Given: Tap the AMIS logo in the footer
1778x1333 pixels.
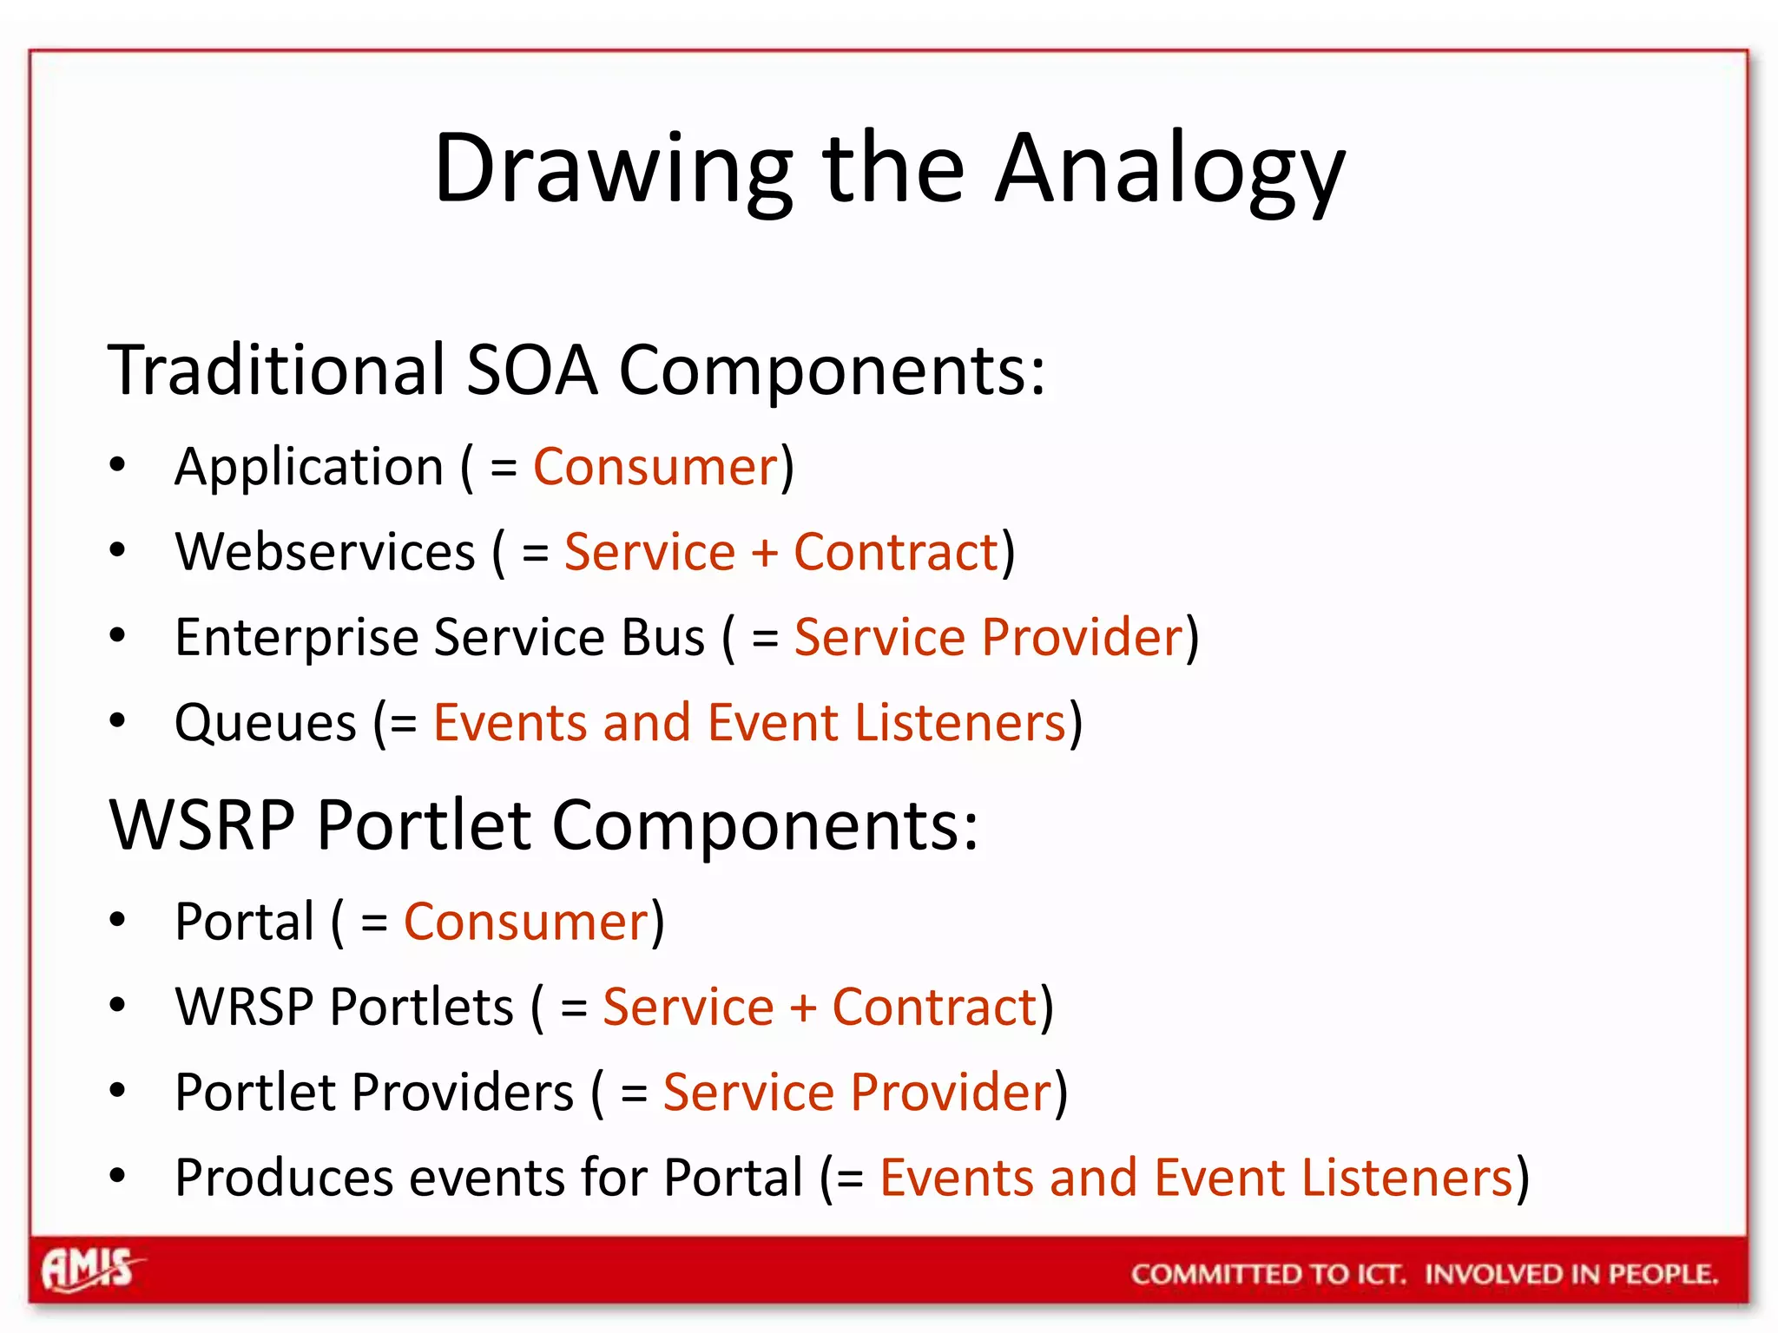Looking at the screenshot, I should (89, 1270).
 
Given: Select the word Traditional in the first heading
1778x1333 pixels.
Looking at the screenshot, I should (277, 370).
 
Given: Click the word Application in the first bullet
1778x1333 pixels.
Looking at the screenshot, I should (309, 467).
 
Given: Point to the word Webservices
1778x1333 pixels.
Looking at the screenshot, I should (326, 552).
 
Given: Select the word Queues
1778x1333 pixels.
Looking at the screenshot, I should (266, 723).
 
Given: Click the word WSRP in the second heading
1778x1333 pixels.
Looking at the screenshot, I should (201, 824).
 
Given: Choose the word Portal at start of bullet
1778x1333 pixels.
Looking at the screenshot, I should (244, 921).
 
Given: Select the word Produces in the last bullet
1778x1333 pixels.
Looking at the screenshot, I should (284, 1178).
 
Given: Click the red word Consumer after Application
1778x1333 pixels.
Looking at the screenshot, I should (655, 467).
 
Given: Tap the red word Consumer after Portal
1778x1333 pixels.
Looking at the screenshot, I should (526, 922).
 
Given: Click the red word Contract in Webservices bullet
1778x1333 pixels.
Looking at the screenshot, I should (896, 552).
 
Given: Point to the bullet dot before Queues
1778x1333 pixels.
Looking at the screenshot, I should (118, 719).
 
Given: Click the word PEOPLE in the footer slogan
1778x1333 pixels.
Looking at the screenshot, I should (1663, 1274).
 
